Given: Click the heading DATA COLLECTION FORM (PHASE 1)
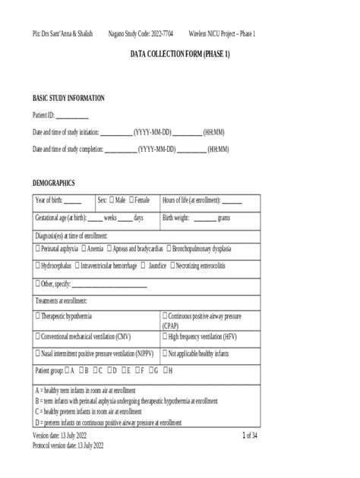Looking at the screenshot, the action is coord(180,55).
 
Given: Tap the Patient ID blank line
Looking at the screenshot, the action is coord(72,117).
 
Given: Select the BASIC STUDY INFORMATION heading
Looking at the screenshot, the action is coord(68,99).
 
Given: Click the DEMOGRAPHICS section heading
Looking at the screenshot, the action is coord(53,184).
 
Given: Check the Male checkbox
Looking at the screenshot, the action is coord(112,200).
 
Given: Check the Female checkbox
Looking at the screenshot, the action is coord(132,200).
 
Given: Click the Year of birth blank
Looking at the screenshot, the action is coord(73,202).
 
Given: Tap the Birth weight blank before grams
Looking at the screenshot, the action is coord(204,219).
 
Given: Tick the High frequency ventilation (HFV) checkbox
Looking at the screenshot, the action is coord(165,336).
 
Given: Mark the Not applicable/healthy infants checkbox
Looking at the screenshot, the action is coord(165,354).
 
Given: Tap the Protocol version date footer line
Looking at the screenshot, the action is coord(68,445).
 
